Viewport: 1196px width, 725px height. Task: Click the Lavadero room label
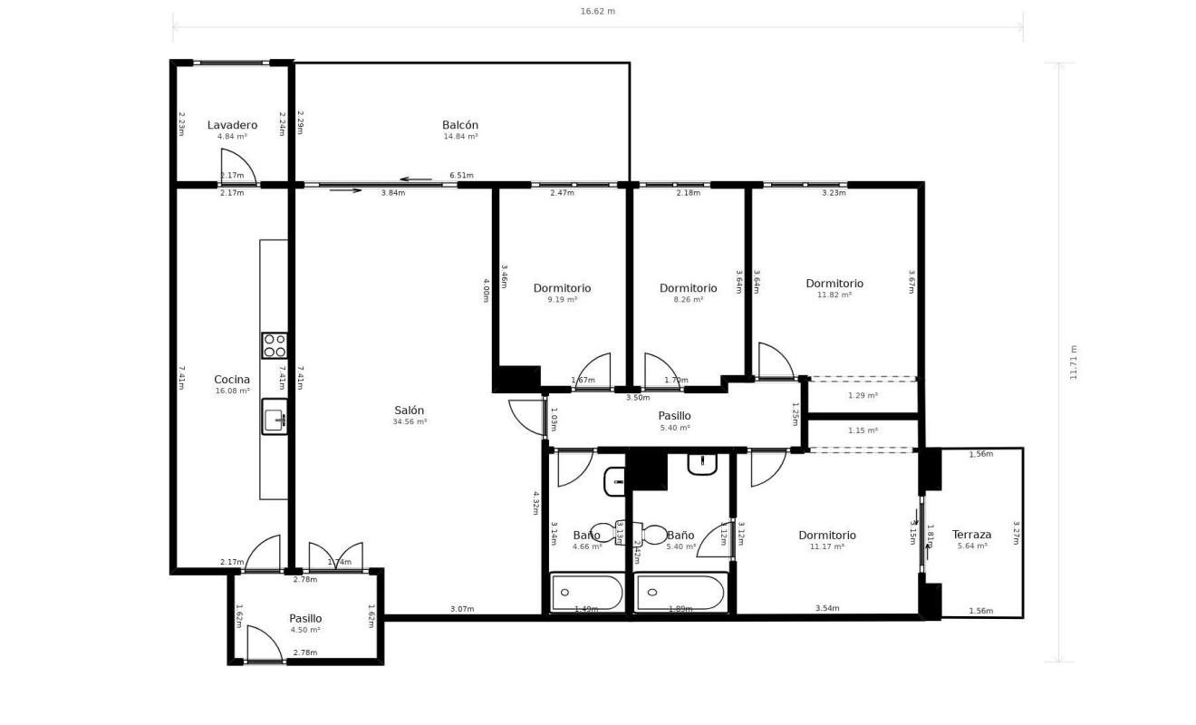(232, 125)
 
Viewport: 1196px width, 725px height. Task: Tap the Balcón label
(460, 125)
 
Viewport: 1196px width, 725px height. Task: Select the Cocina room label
(232, 380)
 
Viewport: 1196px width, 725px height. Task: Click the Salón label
(410, 410)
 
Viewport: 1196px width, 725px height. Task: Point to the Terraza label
(971, 535)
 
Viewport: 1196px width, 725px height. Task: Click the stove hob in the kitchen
(275, 345)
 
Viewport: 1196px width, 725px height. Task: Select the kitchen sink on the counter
(275, 417)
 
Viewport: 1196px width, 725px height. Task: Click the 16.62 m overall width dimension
(598, 12)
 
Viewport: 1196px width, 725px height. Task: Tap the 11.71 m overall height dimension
(1074, 362)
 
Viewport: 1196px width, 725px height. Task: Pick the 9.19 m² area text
(562, 299)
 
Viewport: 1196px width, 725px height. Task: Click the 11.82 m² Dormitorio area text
(834, 295)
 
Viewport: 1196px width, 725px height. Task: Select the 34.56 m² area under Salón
(410, 421)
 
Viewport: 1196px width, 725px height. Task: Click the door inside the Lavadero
(237, 169)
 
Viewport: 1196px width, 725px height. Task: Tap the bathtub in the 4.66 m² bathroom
(587, 593)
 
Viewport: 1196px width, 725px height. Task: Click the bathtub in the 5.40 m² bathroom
(680, 593)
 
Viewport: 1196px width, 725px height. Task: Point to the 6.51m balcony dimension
(461, 176)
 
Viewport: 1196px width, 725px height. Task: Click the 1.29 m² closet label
(863, 396)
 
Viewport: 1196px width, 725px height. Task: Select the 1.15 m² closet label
(863, 430)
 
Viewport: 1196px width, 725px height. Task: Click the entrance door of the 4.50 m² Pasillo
(265, 645)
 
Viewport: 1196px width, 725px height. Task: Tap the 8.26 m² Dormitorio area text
(688, 299)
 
